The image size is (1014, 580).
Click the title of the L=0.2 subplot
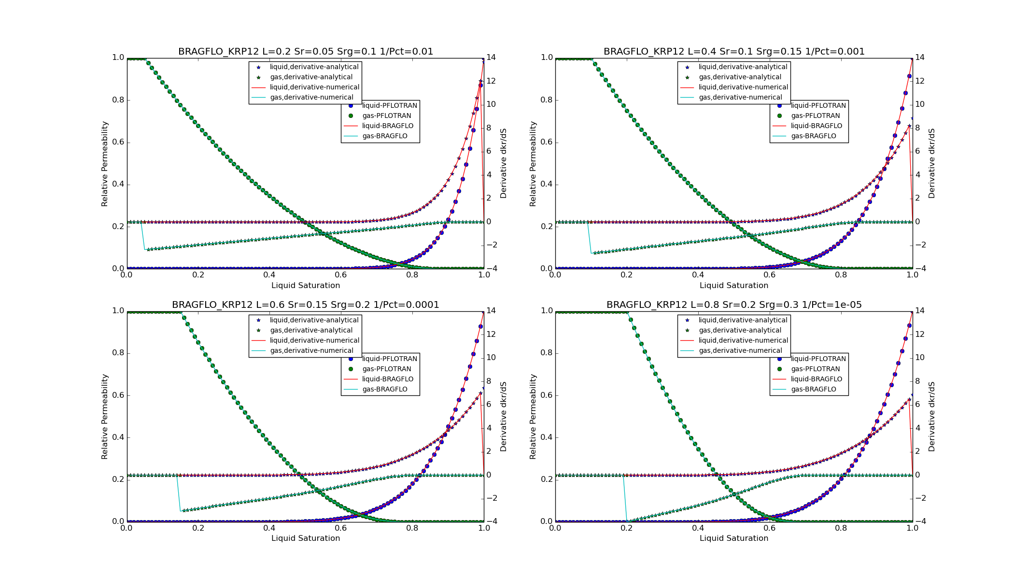tap(305, 52)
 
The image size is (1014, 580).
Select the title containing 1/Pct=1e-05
tap(734, 305)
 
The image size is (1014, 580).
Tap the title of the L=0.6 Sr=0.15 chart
tap(305, 305)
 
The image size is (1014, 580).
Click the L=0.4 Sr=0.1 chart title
tap(734, 52)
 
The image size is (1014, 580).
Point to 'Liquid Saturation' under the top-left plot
tap(305, 286)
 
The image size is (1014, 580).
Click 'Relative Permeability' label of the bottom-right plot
tap(533, 417)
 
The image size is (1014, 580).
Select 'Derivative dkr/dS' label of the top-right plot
tap(931, 163)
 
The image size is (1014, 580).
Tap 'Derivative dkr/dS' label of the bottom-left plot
tap(503, 417)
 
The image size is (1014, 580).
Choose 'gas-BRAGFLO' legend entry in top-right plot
tap(813, 136)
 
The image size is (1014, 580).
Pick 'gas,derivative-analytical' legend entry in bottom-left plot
tap(311, 331)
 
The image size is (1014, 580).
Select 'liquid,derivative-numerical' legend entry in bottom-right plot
tap(743, 341)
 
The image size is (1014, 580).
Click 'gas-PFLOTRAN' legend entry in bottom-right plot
tap(815, 369)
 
